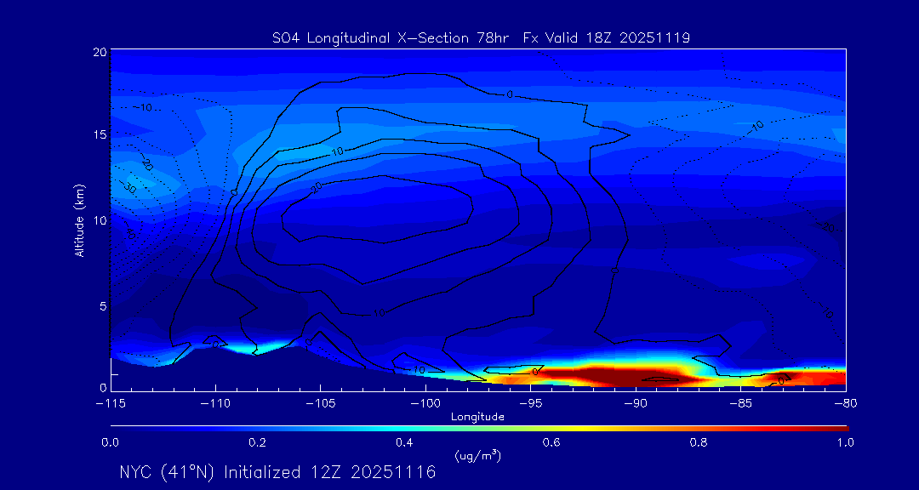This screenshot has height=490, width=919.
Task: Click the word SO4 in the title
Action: pos(284,37)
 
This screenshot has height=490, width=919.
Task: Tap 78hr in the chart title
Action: pos(502,37)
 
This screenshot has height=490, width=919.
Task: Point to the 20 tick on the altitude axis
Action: pos(100,52)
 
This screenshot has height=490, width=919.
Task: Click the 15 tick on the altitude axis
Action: pos(100,136)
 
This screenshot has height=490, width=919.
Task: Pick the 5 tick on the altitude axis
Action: pos(103,305)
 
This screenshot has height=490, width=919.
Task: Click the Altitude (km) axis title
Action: pos(79,220)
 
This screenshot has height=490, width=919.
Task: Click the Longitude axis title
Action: pos(477,417)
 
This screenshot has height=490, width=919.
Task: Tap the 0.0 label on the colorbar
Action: pos(110,442)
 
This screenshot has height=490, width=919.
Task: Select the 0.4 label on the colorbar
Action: pos(404,442)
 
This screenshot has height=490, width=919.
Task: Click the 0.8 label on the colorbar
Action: pos(699,442)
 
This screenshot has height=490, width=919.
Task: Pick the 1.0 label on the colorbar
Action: pos(846,442)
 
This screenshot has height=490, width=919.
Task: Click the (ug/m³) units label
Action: pos(478,455)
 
